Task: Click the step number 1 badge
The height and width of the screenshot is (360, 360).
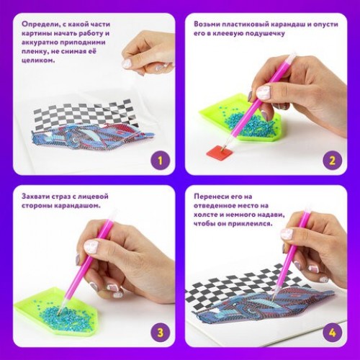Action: tap(160, 161)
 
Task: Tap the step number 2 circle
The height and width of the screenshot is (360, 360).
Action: tap(332, 161)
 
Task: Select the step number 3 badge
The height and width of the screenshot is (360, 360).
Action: tap(160, 333)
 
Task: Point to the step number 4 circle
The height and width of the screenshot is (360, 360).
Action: tap(332, 333)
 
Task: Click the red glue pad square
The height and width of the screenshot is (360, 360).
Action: tap(220, 152)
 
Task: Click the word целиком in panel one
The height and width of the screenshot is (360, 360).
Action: tap(37, 60)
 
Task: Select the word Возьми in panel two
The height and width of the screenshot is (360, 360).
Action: tap(207, 24)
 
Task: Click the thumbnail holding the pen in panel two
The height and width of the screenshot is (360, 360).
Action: tap(263, 92)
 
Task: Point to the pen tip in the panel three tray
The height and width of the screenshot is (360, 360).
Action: tap(59, 312)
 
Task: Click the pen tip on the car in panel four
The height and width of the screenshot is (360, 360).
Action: tap(273, 300)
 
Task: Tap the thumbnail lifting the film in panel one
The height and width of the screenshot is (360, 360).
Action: tap(127, 63)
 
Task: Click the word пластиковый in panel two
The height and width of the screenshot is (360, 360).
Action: tap(246, 24)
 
